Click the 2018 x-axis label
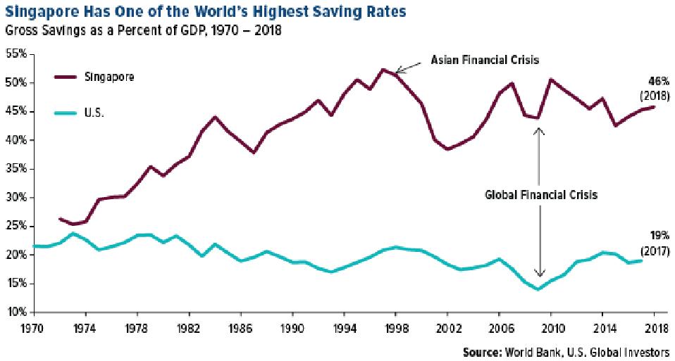[655, 328]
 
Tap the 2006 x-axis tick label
[500, 328]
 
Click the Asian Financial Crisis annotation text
[485, 61]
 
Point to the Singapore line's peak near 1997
[383, 69]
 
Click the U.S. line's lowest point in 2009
[538, 289]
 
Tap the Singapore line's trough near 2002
[447, 149]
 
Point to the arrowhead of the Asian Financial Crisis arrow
[397, 70]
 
